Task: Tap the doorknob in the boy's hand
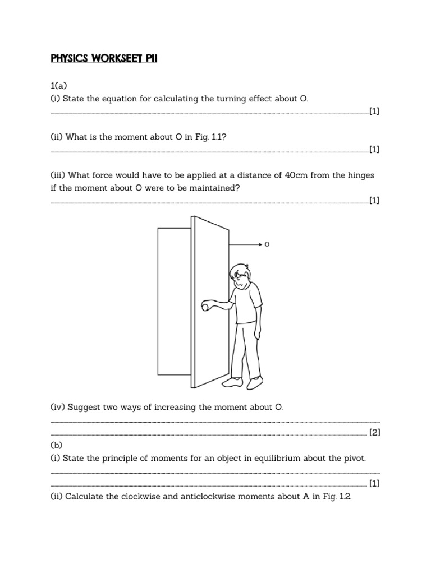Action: (x=206, y=306)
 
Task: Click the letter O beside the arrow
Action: (x=267, y=244)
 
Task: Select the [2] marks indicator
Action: (x=374, y=432)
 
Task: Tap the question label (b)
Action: (x=57, y=445)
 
